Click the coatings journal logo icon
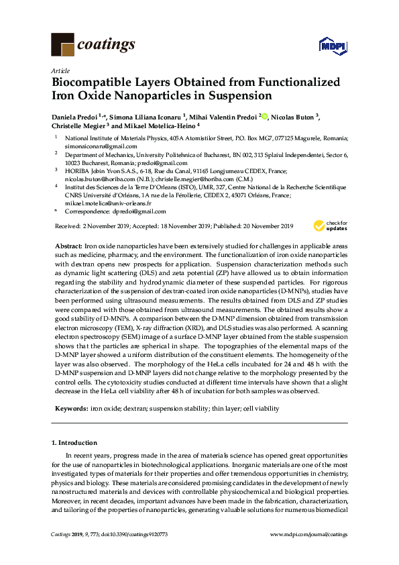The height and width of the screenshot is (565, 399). click(62, 45)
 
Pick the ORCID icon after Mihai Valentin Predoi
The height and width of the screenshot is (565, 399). click(265, 117)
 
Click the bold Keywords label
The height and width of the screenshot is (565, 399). click(70, 408)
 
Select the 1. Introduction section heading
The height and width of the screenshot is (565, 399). click(74, 444)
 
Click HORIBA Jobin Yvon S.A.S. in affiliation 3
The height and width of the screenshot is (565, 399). click(97, 172)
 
